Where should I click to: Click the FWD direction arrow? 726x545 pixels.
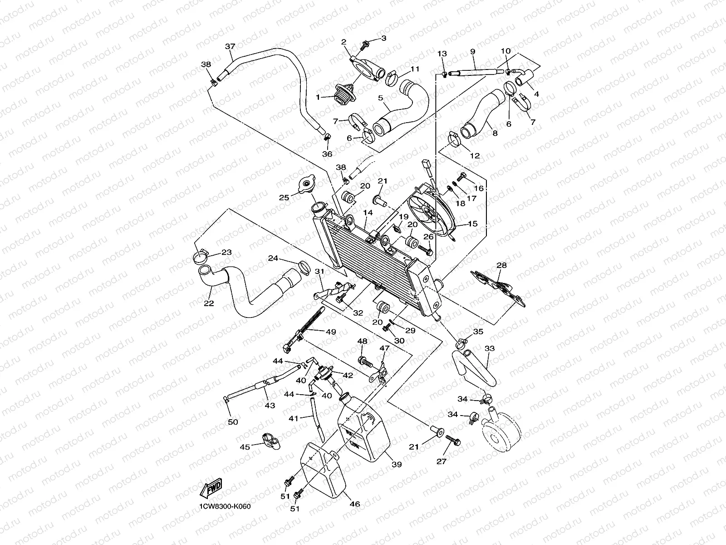pos(211,489)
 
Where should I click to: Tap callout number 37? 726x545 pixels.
pos(231,46)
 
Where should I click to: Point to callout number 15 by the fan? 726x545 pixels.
pos(472,224)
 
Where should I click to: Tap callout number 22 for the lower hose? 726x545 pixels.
pos(209,303)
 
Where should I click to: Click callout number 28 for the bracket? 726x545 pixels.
pos(501,265)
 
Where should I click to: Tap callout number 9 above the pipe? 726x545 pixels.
pos(473,52)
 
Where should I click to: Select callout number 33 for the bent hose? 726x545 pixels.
pos(490,349)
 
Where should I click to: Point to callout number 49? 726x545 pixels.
pos(331,332)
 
